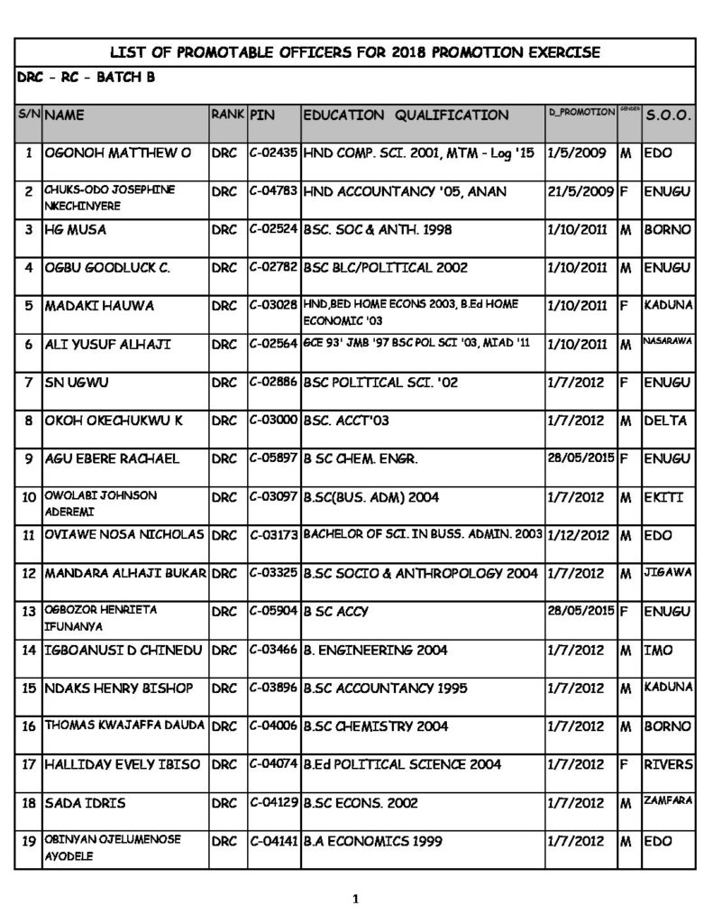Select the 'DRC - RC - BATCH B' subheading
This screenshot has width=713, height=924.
coord(86,78)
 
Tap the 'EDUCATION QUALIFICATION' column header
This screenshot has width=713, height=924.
coord(406,115)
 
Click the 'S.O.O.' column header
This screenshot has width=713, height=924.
coord(668,115)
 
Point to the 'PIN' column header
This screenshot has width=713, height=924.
coord(262,115)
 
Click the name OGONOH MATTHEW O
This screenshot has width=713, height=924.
coord(117,153)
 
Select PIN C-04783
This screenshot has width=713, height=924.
coord(273,191)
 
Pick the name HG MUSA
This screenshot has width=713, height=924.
coord(76,230)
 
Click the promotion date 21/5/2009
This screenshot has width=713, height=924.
coord(580,191)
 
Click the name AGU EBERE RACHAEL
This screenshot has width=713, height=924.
coord(112,458)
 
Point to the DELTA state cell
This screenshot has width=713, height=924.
coord(666,420)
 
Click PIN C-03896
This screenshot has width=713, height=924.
coord(273,688)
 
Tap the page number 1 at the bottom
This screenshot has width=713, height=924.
coord(355,899)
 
